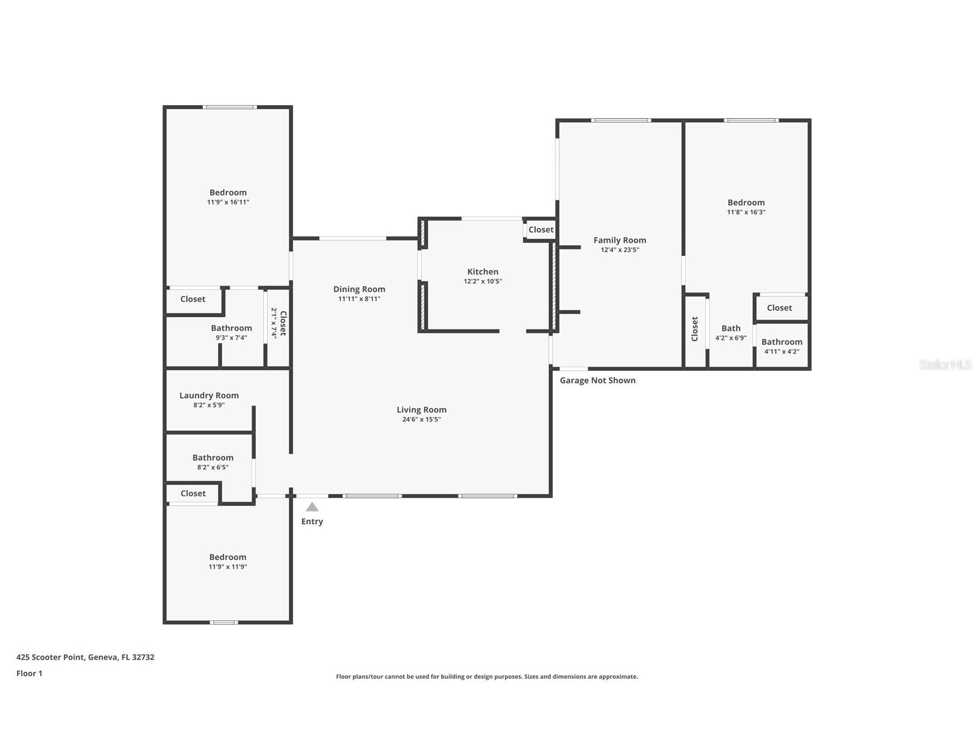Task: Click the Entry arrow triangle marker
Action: [312, 507]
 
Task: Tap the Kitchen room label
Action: [483, 271]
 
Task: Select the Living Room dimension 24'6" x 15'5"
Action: [421, 420]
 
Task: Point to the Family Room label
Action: [620, 240]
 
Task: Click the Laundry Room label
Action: [209, 395]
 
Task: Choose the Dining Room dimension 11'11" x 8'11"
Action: [359, 299]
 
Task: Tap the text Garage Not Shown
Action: [597, 380]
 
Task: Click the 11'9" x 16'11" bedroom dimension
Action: [228, 202]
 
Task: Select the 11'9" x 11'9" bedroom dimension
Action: [228, 567]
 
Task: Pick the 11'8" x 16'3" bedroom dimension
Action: [746, 212]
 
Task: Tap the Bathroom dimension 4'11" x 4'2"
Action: [782, 352]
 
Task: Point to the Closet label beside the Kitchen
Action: [541, 230]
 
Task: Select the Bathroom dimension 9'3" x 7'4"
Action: [231, 338]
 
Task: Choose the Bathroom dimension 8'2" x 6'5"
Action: [213, 468]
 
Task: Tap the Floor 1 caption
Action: [29, 674]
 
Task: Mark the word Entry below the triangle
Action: [312, 522]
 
